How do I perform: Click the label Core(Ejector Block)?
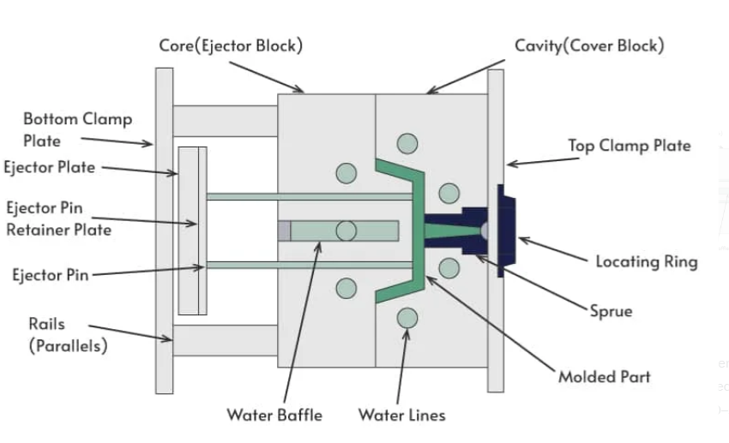tap(231, 45)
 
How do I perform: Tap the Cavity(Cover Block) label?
tap(588, 45)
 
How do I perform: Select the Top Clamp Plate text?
tap(629, 146)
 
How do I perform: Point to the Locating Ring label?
tap(647, 260)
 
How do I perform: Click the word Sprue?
tap(611, 310)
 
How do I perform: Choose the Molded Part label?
tap(604, 376)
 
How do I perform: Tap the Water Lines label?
tap(401, 416)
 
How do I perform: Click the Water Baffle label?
tap(274, 416)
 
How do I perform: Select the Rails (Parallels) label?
tap(68, 336)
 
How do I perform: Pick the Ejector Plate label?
tap(49, 167)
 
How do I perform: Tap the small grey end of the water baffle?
tap(284, 230)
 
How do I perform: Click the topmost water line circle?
tap(407, 142)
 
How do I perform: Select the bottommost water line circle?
tap(407, 319)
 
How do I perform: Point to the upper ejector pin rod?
tap(309, 196)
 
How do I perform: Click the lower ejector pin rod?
tap(309, 265)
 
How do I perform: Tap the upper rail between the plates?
tap(225, 121)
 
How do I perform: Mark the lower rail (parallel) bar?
tap(225, 340)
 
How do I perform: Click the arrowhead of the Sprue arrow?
tap(477, 256)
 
